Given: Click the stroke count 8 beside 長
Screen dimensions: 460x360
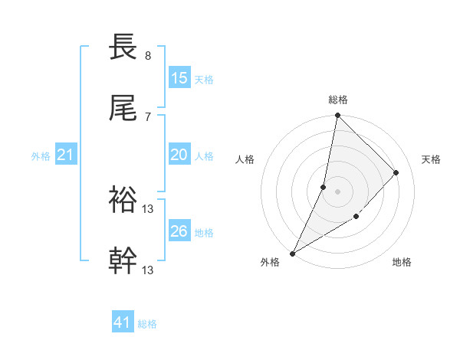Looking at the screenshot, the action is (x=147, y=55).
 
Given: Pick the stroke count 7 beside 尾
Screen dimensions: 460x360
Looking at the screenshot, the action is (x=147, y=117).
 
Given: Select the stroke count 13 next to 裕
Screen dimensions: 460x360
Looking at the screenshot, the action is (x=149, y=208).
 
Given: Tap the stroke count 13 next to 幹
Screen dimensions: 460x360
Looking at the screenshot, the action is (x=149, y=270).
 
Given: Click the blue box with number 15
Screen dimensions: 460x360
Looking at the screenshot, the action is (x=179, y=78).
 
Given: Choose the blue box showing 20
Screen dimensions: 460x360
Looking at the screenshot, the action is (x=179, y=155).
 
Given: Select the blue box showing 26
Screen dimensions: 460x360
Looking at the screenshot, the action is (x=179, y=231).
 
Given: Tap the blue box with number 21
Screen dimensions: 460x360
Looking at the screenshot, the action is (x=66, y=155).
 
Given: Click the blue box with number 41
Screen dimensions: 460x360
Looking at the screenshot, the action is (x=123, y=323).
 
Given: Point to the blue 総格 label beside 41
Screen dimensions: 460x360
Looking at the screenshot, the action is (x=147, y=325).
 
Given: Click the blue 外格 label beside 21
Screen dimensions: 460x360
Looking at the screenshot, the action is (x=41, y=156).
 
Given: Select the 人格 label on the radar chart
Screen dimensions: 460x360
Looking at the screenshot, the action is (x=245, y=159).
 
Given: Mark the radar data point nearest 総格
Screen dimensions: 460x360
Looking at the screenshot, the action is (x=337, y=115).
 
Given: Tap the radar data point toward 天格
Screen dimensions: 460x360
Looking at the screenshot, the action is (x=396, y=172).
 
